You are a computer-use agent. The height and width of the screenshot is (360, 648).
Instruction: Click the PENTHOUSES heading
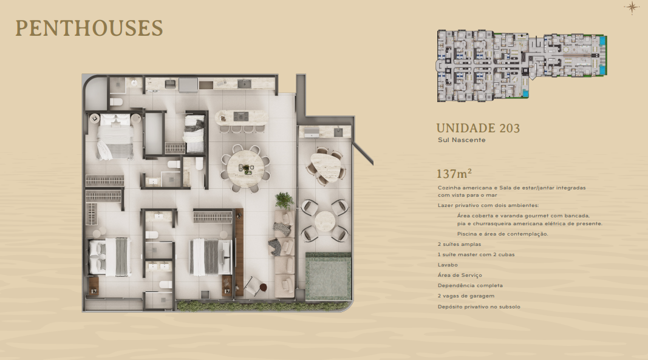pos(89,28)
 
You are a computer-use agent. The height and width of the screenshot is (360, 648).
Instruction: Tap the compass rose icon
pos(632,7)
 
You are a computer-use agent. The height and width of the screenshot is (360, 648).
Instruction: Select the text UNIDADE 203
pos(478,128)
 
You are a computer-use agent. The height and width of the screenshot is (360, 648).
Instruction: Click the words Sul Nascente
pos(462,140)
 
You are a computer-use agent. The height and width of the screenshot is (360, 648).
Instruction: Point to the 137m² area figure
pos(454,174)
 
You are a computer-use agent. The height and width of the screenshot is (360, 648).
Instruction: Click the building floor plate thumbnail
pos(522,66)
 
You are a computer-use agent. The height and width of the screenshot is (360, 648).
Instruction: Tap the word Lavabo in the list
pos(448,265)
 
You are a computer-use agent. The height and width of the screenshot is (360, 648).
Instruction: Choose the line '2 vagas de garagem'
pos(466,296)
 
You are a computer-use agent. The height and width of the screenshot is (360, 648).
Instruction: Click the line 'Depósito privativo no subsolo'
pos(479,307)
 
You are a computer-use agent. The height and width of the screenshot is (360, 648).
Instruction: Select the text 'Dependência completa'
pos(470,285)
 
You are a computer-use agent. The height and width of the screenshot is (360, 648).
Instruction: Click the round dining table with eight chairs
pos(245,168)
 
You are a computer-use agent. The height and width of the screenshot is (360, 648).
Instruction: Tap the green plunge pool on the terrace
pos(329,276)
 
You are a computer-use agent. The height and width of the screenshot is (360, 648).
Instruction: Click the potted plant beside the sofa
pos(284,202)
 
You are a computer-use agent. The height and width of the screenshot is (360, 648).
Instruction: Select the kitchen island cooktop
pos(241,117)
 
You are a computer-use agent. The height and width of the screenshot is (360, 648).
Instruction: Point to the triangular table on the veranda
pos(326,166)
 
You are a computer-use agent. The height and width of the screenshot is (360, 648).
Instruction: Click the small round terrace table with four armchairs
pos(325,221)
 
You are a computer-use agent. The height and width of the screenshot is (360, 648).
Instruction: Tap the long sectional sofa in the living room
pos(285,254)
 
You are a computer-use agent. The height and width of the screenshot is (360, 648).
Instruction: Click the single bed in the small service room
pos(194,134)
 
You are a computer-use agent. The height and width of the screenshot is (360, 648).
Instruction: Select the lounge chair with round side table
pos(256,285)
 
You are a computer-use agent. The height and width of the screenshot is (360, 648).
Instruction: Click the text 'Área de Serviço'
pos(460,275)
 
